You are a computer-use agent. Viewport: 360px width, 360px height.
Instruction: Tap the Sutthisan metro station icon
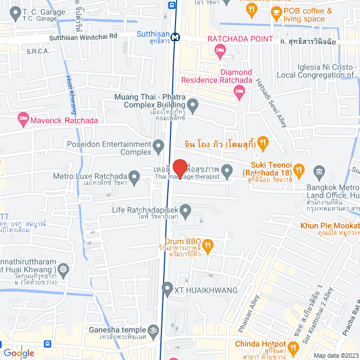[176, 37]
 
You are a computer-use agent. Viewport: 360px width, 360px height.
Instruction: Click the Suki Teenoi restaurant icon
[299, 169]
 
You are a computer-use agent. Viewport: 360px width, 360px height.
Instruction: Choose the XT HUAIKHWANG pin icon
[166, 290]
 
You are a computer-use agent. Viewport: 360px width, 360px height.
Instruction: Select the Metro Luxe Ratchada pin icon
[134, 178]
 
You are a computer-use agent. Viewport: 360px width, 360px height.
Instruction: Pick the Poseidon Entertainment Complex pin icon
[159, 147]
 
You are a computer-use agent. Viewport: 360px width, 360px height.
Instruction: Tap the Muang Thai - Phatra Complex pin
[192, 105]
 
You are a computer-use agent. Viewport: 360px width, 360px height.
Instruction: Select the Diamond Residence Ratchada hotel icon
[240, 91]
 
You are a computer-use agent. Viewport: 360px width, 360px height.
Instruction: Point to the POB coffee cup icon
[276, 11]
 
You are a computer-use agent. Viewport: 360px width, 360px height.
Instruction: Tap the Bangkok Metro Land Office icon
[319, 171]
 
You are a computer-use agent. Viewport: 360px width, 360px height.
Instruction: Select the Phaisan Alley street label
[251, 318]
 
